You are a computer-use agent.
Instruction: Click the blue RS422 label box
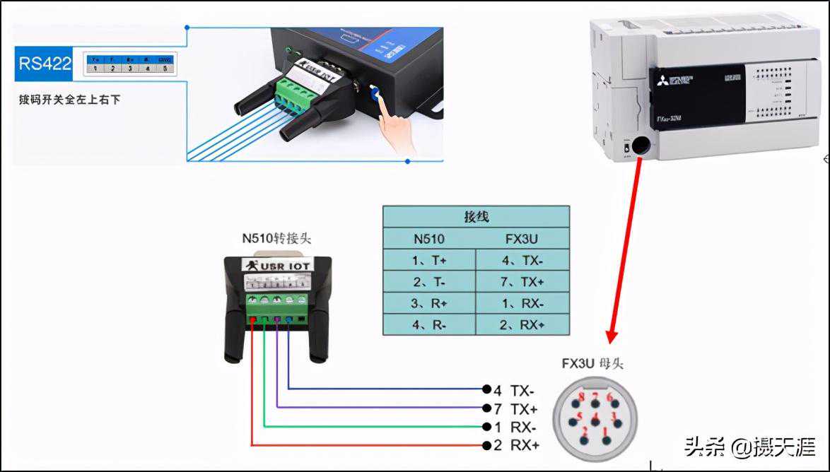pos(45,64)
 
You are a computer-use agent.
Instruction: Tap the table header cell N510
pos(428,237)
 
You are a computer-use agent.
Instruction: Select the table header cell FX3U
pos(522,237)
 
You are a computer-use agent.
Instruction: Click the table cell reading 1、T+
pos(428,259)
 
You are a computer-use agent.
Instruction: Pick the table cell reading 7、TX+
pos(522,281)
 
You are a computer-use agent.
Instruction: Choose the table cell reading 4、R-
pos(428,324)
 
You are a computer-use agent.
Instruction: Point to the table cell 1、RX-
pos(522,302)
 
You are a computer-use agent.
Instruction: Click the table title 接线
pos(476,216)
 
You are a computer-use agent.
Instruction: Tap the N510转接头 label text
pos(276,238)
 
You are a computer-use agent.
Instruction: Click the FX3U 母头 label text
pos(592,364)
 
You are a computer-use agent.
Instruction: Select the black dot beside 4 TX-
pos(486,389)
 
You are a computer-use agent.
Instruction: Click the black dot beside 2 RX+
pos(486,445)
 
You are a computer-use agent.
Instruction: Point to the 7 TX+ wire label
pos(516,408)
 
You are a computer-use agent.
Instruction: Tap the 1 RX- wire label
pos(516,427)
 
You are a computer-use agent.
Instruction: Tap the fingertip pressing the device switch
pos(380,101)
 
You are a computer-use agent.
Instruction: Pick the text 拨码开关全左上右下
pos(69,100)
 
